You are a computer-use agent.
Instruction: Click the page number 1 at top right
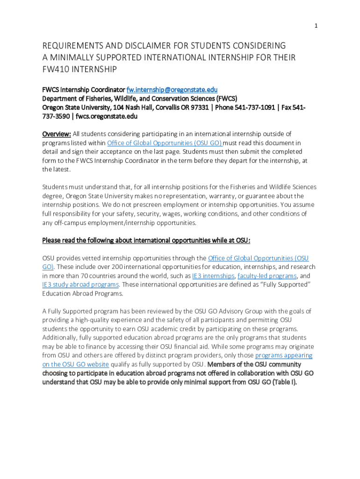click(316, 26)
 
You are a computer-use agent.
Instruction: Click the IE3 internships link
click(213, 276)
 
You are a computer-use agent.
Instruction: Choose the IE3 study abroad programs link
click(80, 285)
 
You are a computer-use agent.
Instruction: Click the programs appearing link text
click(284, 356)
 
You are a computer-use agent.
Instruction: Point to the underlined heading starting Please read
click(146, 240)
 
